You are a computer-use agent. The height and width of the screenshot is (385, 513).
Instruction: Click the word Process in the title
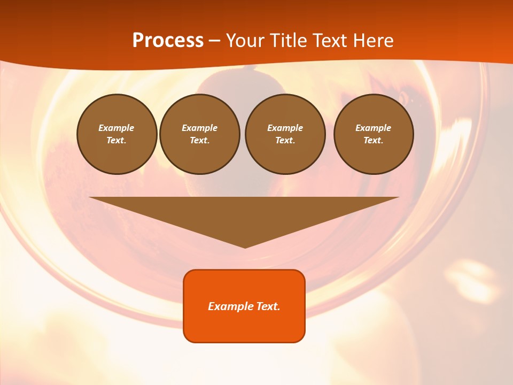168,40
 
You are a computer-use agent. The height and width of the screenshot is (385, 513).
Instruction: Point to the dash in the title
215,41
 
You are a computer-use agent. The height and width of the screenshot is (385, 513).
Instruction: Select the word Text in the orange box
267,306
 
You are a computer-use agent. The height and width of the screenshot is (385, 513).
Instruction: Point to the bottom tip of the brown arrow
245,247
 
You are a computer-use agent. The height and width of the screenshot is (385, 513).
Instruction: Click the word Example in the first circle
116,128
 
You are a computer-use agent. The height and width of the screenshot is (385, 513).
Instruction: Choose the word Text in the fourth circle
373,140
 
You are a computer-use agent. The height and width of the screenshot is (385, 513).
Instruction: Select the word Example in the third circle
285,128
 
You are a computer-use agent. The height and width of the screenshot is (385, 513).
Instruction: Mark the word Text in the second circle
199,140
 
